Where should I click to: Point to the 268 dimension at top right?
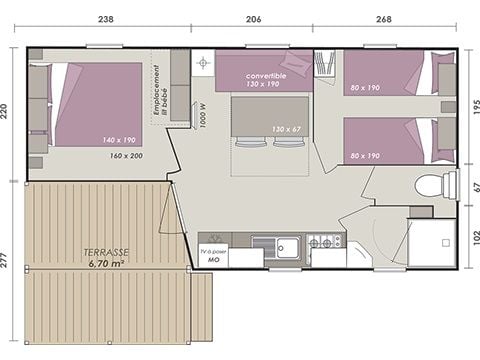point(384,18)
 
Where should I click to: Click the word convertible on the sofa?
point(264,75)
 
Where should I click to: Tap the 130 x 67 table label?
point(285,129)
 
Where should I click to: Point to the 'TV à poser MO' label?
point(213,254)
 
